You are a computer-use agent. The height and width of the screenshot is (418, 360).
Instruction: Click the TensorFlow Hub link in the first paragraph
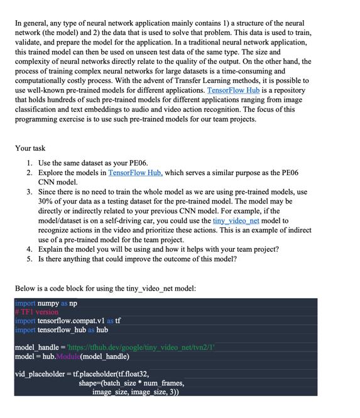coord(233,90)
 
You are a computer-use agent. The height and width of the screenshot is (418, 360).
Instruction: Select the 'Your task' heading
coord(30,148)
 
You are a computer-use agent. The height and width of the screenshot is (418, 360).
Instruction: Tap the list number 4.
coord(29,249)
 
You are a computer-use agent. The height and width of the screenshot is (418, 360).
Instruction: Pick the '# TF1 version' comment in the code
coord(36,312)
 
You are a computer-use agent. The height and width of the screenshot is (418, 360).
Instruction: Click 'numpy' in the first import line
coord(48,303)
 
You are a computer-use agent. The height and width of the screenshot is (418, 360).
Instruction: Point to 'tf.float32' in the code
coord(129,374)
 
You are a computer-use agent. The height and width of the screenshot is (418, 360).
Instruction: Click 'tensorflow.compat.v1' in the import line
coord(70,321)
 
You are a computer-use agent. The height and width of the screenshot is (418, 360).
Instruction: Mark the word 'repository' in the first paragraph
coord(288,90)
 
